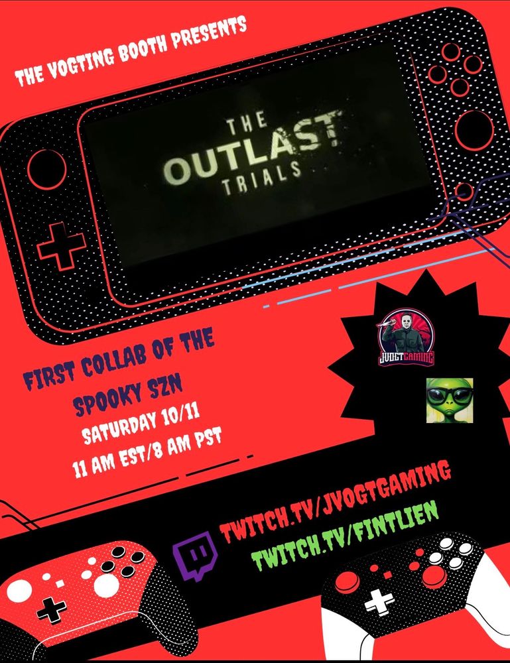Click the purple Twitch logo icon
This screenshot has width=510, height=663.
tap(195, 556)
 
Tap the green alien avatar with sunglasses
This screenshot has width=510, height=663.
tap(449, 400)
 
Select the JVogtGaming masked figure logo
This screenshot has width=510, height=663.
tap(405, 337)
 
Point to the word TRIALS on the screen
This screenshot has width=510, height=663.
tap(261, 178)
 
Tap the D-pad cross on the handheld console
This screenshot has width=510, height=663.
tap(61, 246)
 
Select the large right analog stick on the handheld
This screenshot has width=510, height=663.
tap(474, 130)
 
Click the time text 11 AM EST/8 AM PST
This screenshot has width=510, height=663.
tap(147, 454)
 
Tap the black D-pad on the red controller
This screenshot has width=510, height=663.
tap(51, 611)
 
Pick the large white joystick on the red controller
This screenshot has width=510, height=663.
tap(106, 585)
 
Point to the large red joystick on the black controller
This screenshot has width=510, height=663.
tap(434, 577)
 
